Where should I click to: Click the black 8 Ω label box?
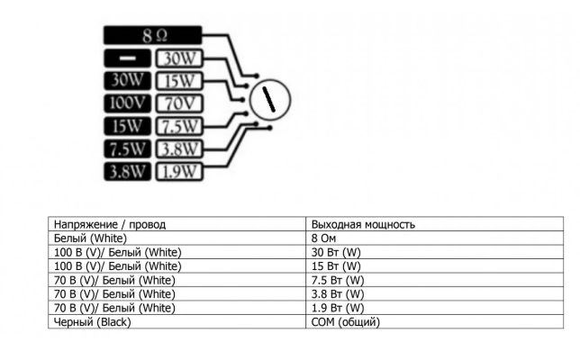point(152,35)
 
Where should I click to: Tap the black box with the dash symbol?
point(127,58)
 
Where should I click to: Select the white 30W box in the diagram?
point(179,58)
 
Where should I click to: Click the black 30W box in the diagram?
point(127,81)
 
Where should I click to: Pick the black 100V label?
point(127,103)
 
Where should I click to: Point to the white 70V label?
point(179,103)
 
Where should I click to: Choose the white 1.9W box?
point(179,172)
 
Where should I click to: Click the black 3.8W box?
point(127,172)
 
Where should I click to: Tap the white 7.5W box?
point(179,126)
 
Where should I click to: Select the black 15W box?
point(127,126)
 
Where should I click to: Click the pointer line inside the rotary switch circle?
point(269,99)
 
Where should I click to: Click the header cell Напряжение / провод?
point(177,224)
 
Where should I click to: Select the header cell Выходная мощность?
point(435,224)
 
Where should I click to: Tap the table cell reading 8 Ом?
point(435,238)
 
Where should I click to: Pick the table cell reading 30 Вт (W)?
point(435,252)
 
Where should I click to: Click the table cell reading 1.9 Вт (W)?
point(435,308)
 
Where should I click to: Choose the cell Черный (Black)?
point(177,321)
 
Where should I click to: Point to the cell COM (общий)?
point(435,321)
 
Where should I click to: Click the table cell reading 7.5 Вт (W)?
point(435,280)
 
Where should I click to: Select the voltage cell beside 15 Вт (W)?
point(177,266)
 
